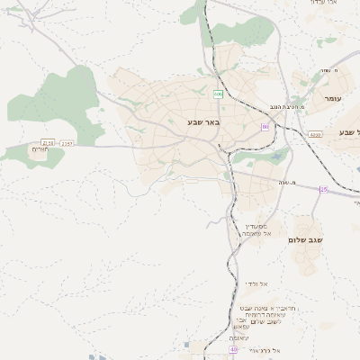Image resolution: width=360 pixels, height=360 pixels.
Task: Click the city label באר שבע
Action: (x=191, y=121)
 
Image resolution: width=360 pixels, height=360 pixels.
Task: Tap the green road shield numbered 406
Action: (x=218, y=94)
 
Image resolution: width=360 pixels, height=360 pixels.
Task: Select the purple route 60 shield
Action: (x=265, y=128)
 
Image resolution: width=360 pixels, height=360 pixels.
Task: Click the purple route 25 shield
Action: (x=323, y=189)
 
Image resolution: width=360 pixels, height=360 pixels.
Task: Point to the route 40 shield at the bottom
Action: (x=233, y=349)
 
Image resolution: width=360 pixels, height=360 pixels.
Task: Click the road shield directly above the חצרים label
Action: (x=48, y=142)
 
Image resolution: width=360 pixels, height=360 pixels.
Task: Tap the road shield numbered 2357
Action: (x=67, y=143)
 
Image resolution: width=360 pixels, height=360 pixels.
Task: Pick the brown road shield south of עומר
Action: (x=313, y=134)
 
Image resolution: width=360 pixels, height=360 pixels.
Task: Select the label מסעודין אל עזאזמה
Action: (x=257, y=229)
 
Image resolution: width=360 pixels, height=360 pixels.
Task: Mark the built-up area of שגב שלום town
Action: (x=306, y=256)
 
